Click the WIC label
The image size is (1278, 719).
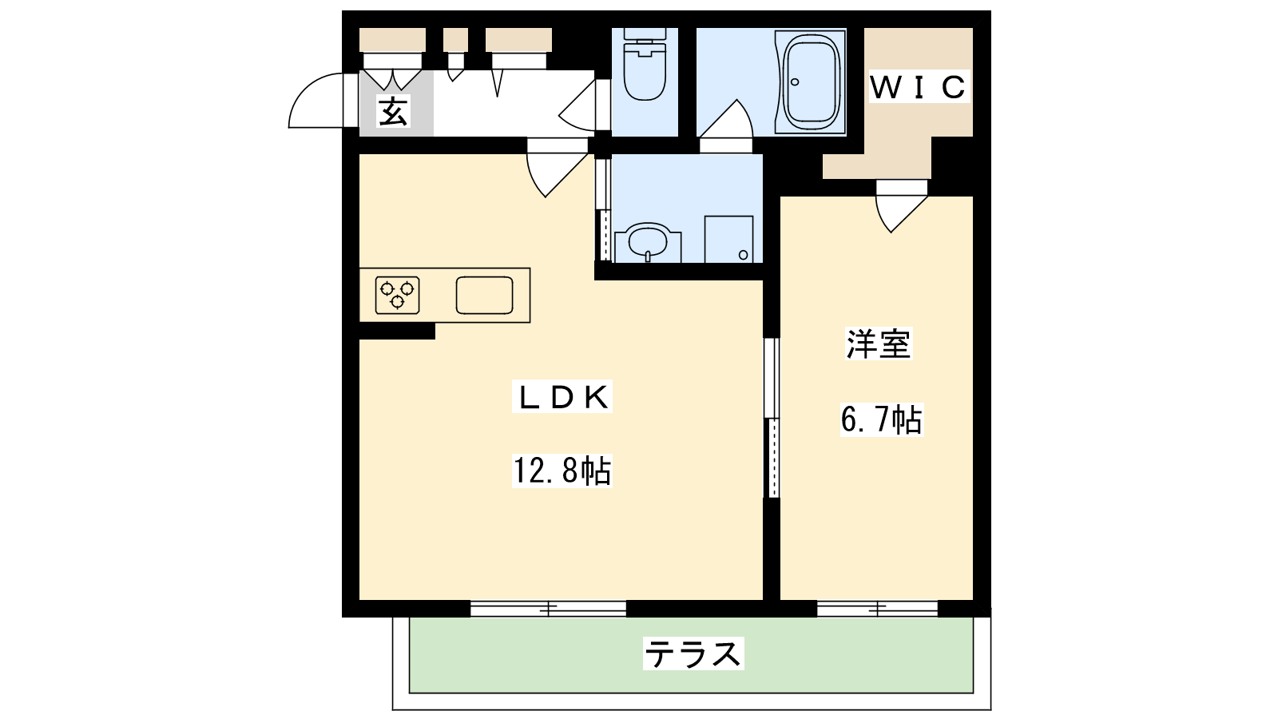pos(919,87)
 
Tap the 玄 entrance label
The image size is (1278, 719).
pos(393,111)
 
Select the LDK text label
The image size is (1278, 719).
pos(562,397)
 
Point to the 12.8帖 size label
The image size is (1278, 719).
pos(562,471)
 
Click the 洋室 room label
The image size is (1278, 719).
pos(879,344)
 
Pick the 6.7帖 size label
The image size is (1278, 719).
pos(882,419)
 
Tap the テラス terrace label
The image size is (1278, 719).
pos(694,653)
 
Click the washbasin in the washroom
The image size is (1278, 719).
pos(648,243)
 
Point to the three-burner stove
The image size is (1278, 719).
pos(398,295)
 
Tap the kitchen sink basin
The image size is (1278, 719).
pos(484,295)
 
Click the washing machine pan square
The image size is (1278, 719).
pos(728,239)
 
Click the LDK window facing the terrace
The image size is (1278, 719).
pos(548,609)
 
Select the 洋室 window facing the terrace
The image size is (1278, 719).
pos(878,609)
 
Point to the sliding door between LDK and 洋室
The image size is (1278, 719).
pos(772,418)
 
